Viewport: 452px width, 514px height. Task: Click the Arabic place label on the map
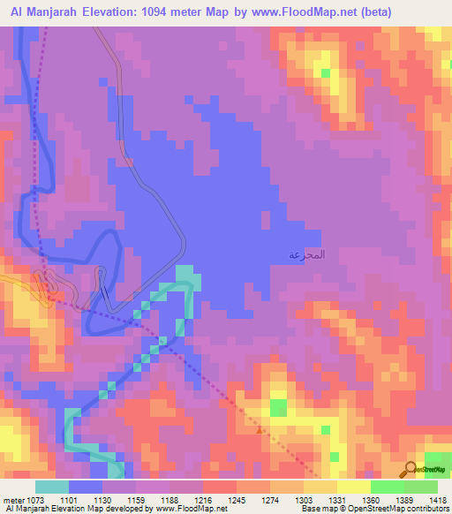click(306, 254)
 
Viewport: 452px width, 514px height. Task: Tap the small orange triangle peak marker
click(259, 431)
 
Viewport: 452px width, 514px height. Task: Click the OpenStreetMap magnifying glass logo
click(412, 468)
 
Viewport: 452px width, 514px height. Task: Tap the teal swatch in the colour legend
click(52, 487)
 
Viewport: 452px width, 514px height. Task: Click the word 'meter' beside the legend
click(13, 499)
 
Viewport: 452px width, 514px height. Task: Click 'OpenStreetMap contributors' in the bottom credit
click(397, 509)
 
